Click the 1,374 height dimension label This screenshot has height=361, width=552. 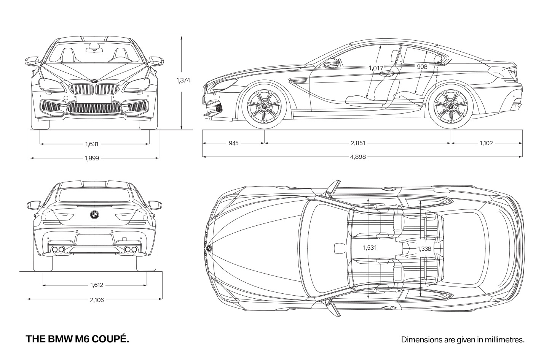[x=183, y=80]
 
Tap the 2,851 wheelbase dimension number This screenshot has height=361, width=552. [x=358, y=143]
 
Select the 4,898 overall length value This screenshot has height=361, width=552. [x=358, y=157]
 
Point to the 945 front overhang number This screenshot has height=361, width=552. [x=234, y=143]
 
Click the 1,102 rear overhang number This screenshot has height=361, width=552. [x=486, y=143]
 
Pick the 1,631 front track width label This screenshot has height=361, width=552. [x=92, y=144]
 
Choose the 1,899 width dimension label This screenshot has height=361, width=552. [x=92, y=158]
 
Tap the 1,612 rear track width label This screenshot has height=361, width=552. [x=97, y=285]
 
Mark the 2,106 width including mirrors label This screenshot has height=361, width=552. [x=97, y=300]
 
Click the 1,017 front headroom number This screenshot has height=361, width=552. [x=376, y=68]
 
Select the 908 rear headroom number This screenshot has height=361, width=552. [x=422, y=66]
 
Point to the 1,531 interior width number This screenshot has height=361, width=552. [x=370, y=248]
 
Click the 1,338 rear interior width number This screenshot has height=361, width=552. [x=424, y=249]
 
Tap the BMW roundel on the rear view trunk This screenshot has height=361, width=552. [x=94, y=214]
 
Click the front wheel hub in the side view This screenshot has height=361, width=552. [x=264, y=106]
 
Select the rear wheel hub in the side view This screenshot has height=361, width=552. [x=451, y=106]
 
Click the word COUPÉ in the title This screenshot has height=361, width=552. [x=110, y=339]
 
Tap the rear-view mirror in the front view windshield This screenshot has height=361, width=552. [x=95, y=50]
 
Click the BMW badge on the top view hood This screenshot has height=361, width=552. [x=209, y=249]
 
